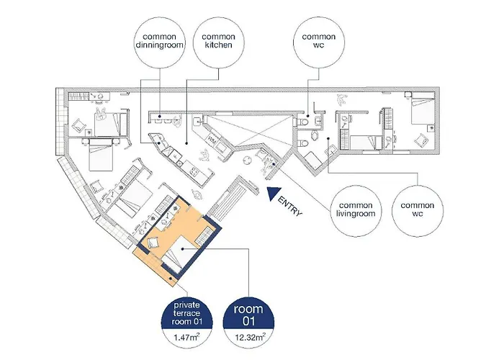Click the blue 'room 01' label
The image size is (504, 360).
(248, 315)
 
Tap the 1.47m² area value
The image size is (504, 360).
(186, 338)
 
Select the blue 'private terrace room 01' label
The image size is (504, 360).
(186, 314)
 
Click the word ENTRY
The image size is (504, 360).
(290, 207)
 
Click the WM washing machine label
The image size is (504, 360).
(212, 140)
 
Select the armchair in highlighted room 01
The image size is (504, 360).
(153, 243)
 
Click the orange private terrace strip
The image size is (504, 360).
(154, 266)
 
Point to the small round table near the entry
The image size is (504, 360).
(248, 161)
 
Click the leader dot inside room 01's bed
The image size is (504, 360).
(182, 248)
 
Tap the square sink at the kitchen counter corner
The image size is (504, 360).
(197, 122)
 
